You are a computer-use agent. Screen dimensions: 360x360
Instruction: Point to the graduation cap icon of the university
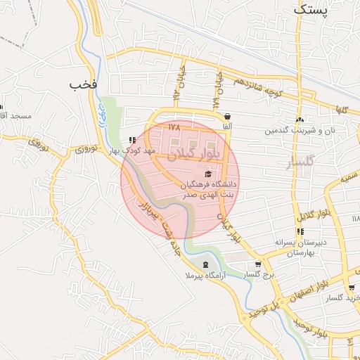[x=207, y=174]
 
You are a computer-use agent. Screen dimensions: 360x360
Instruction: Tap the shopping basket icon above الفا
[x=226, y=117]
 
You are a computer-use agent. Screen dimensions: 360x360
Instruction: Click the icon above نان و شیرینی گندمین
[x=300, y=120]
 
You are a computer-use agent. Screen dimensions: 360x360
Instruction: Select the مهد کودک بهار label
[x=131, y=151]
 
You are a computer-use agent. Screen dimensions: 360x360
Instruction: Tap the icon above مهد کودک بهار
[x=132, y=140]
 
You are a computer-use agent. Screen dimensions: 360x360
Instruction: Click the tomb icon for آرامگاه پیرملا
[x=205, y=264]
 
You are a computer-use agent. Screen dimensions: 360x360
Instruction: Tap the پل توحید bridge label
[x=262, y=307]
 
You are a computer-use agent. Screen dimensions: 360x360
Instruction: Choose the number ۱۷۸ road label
[x=174, y=127]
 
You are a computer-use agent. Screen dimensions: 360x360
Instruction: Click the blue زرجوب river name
[x=102, y=113]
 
